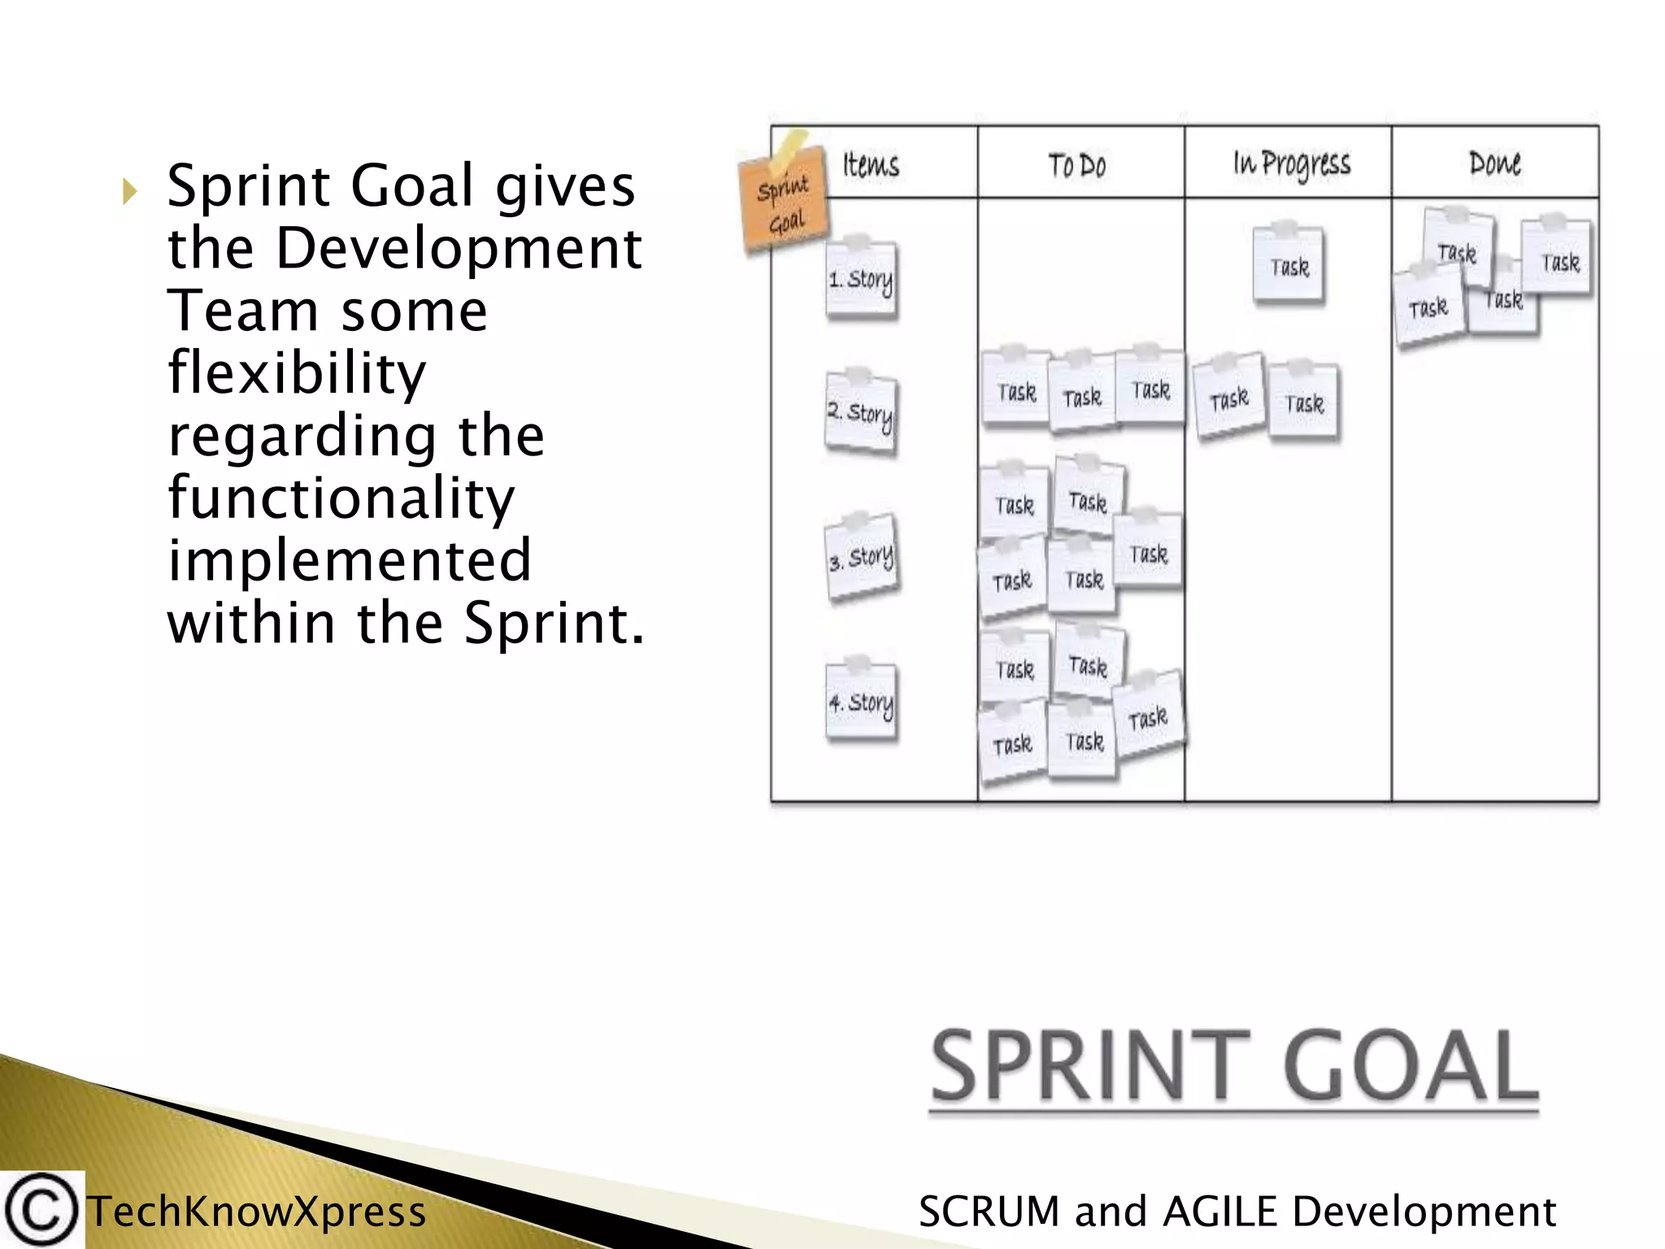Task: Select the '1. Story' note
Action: pyautogui.click(x=861, y=280)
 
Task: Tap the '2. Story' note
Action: pyautogui.click(x=861, y=413)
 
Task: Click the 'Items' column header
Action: pyautogui.click(x=871, y=165)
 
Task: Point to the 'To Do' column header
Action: pyautogui.click(x=1077, y=166)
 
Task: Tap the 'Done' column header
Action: pyautogui.click(x=1494, y=164)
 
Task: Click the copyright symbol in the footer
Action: pyautogui.click(x=41, y=1210)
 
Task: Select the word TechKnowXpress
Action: pyautogui.click(x=257, y=1212)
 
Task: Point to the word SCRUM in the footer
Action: pyautogui.click(x=989, y=1212)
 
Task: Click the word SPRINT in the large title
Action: pyautogui.click(x=1091, y=1066)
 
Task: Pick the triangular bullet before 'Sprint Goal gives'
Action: pyautogui.click(x=129, y=192)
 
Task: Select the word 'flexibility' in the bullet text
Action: pyautogui.click(x=297, y=373)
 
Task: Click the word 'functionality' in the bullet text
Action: pyautogui.click(x=341, y=498)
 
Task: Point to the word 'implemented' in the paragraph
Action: pyautogui.click(x=350, y=560)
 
